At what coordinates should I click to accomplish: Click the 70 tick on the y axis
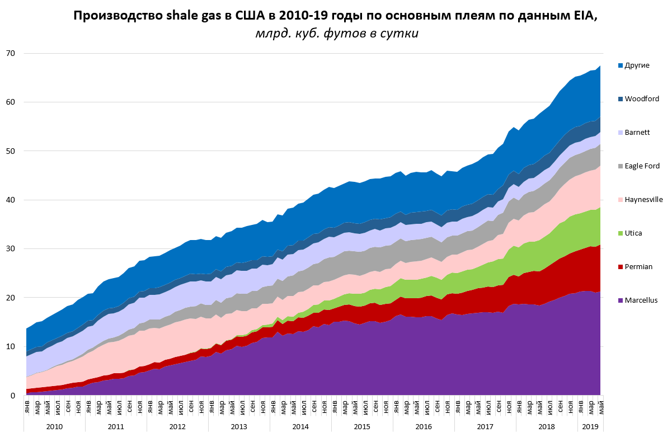pos(11,54)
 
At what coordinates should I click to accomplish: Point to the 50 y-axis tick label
pos(11,151)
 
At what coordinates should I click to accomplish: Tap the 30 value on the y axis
pos(11,249)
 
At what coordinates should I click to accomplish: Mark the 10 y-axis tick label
pos(11,346)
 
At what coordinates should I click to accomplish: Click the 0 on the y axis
pos(13,396)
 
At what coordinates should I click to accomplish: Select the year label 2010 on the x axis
pos(54,426)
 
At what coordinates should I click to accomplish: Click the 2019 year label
pos(590,426)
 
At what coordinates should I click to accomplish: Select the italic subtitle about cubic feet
pos(336,34)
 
